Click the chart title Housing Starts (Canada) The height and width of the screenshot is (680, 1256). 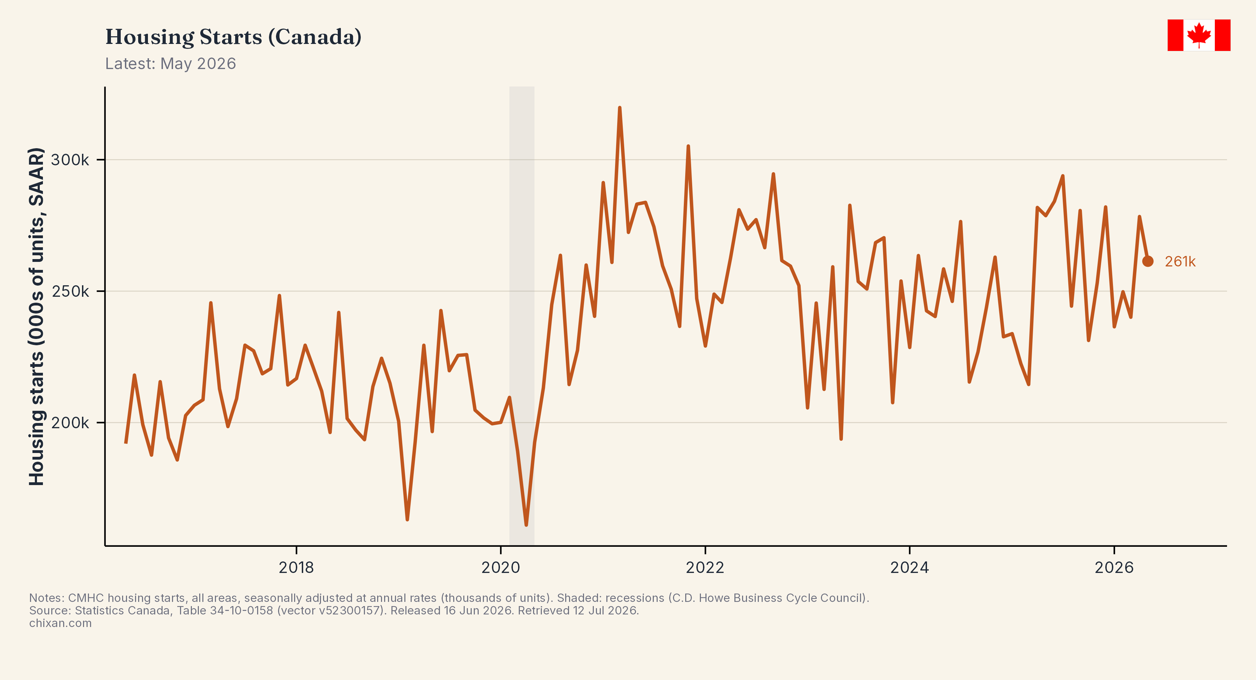point(233,37)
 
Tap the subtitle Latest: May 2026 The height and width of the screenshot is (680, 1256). point(171,64)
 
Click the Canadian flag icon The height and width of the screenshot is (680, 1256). point(1198,35)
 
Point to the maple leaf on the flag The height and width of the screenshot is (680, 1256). point(1198,35)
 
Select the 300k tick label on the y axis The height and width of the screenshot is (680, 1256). point(70,160)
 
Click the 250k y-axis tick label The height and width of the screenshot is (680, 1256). point(70,292)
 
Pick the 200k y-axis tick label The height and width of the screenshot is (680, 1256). point(70,423)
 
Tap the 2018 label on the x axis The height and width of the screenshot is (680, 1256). point(297,567)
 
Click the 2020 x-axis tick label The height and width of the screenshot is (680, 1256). point(501,567)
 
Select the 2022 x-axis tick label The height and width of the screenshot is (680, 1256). point(705,567)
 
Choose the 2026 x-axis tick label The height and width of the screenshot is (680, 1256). point(1114,567)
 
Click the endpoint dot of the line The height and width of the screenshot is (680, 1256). point(1148,261)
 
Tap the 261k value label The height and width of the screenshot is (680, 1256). point(1180,262)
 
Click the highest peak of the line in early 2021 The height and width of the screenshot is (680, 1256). point(620,108)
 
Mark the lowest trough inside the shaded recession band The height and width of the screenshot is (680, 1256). point(526,524)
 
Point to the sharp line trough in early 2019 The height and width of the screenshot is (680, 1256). point(407,519)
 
